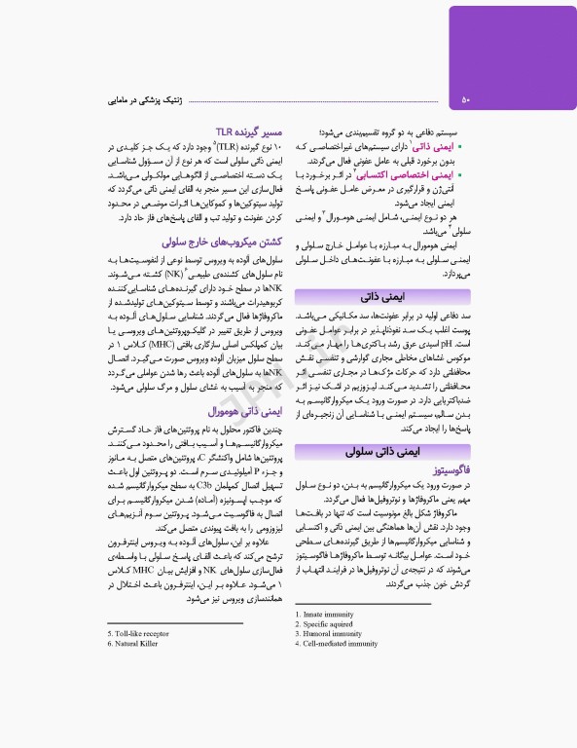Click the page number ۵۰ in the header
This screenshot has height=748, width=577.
[x=465, y=98]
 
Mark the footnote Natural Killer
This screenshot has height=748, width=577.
[x=138, y=644]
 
